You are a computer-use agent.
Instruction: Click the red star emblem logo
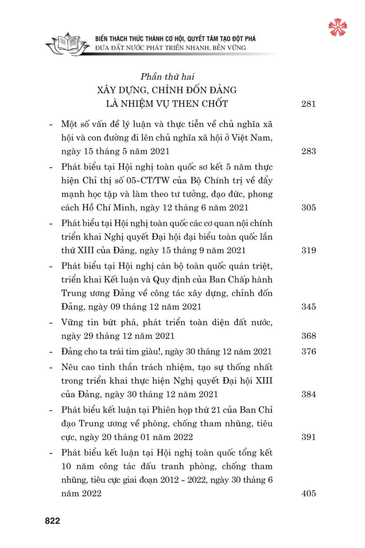[x=337, y=27]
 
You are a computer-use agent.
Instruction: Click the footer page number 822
[x=53, y=521]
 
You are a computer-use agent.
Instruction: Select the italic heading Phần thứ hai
[x=167, y=77]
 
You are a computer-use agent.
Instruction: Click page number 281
[x=308, y=104]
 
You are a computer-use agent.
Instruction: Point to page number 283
[x=308, y=151]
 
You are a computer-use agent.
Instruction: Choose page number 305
[x=308, y=208]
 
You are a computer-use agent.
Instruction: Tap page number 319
[x=308, y=250]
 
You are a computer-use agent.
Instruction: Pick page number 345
[x=308, y=307]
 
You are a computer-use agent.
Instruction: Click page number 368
[x=308, y=336]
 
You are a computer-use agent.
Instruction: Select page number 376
[x=308, y=351]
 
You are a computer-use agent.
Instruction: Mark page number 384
[x=308, y=394]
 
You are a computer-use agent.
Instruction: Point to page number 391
[x=308, y=437]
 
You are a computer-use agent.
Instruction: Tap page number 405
[x=308, y=494]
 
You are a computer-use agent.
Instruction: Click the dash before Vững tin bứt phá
[x=51, y=323]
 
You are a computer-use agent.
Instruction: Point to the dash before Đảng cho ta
[x=51, y=352]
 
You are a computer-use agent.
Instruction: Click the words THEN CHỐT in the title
[x=200, y=104]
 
